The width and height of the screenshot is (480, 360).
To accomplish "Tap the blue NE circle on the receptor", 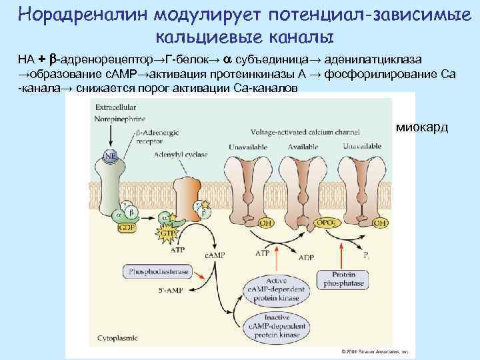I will click(x=109, y=161).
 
